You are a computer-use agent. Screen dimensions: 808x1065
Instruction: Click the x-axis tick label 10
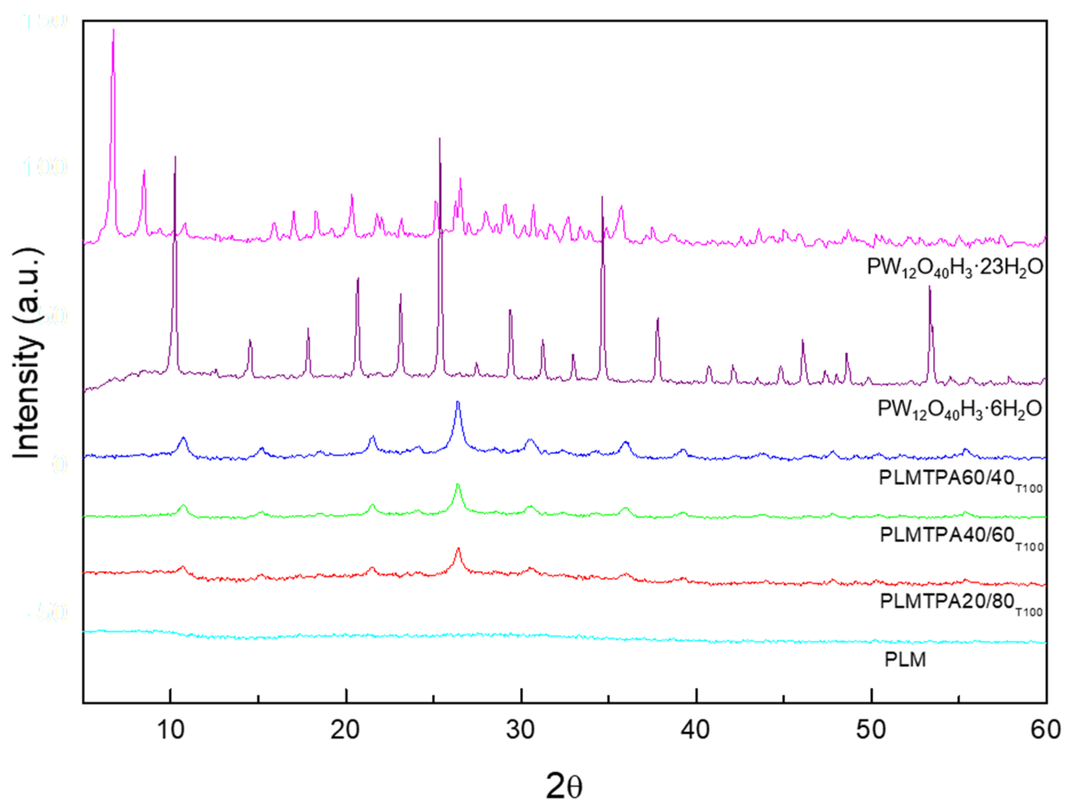[x=170, y=730]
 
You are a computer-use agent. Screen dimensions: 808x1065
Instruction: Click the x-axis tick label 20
[x=345, y=730]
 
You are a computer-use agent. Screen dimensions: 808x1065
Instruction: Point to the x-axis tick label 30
[x=521, y=730]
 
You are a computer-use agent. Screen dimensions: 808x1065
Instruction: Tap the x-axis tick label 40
[x=696, y=730]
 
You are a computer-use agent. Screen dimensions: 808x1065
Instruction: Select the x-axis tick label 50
[x=871, y=730]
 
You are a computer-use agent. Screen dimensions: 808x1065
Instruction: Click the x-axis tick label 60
[x=1045, y=730]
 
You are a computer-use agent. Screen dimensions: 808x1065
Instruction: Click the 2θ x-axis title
[x=564, y=786]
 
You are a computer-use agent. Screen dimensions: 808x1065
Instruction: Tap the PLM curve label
[x=905, y=660]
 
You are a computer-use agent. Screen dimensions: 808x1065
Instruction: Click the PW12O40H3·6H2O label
[x=960, y=410]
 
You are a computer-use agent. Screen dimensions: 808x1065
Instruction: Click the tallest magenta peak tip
[x=113, y=30]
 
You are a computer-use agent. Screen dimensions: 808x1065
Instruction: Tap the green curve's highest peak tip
[x=458, y=484]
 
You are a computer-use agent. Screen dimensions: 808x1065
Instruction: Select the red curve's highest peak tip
[x=458, y=548]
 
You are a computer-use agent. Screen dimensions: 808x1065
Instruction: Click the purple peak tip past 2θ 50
[x=929, y=287]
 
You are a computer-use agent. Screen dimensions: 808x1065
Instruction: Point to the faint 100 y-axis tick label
[x=45, y=168]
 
